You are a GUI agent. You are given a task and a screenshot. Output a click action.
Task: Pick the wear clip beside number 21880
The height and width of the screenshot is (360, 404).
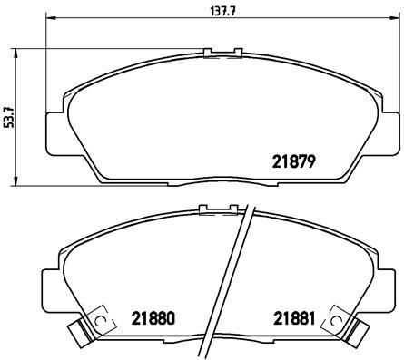click(90, 329)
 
